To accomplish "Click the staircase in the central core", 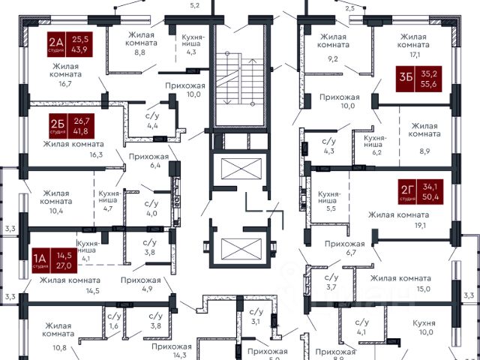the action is [238, 82].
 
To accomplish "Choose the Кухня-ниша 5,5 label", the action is [329, 202].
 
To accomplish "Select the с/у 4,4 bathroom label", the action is [151, 120].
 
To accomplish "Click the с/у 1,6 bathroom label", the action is [114, 321].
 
